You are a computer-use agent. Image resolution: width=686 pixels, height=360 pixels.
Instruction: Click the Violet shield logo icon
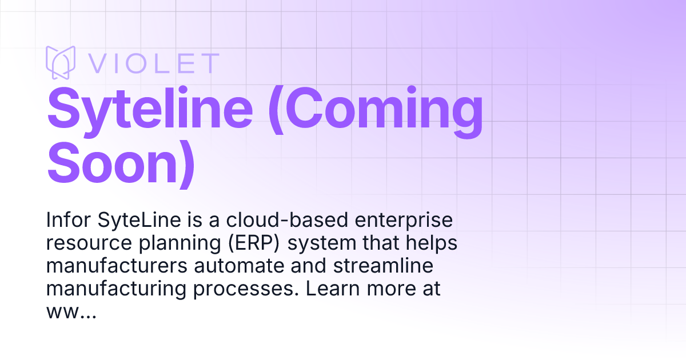[x=61, y=62]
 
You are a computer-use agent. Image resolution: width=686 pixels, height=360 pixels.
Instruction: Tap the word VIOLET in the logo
[x=153, y=63]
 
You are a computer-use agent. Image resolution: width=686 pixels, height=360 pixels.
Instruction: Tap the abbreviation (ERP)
[x=256, y=243]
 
